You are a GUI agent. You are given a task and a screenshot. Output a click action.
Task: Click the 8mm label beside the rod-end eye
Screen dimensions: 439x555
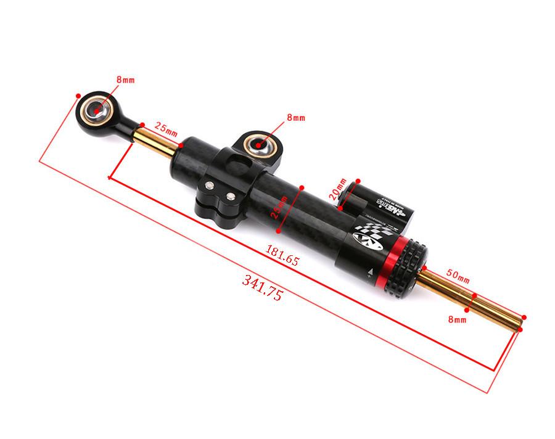pyautogui.click(x=125, y=80)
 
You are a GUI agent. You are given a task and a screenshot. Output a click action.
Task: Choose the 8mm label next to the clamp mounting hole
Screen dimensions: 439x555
pyautogui.click(x=295, y=117)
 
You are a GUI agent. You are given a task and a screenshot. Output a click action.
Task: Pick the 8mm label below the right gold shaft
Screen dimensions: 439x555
pyautogui.click(x=457, y=319)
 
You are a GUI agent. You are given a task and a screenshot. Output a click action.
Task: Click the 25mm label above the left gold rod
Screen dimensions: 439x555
pyautogui.click(x=165, y=128)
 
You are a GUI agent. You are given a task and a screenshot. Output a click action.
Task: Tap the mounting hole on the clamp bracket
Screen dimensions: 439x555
pyautogui.click(x=258, y=146)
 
